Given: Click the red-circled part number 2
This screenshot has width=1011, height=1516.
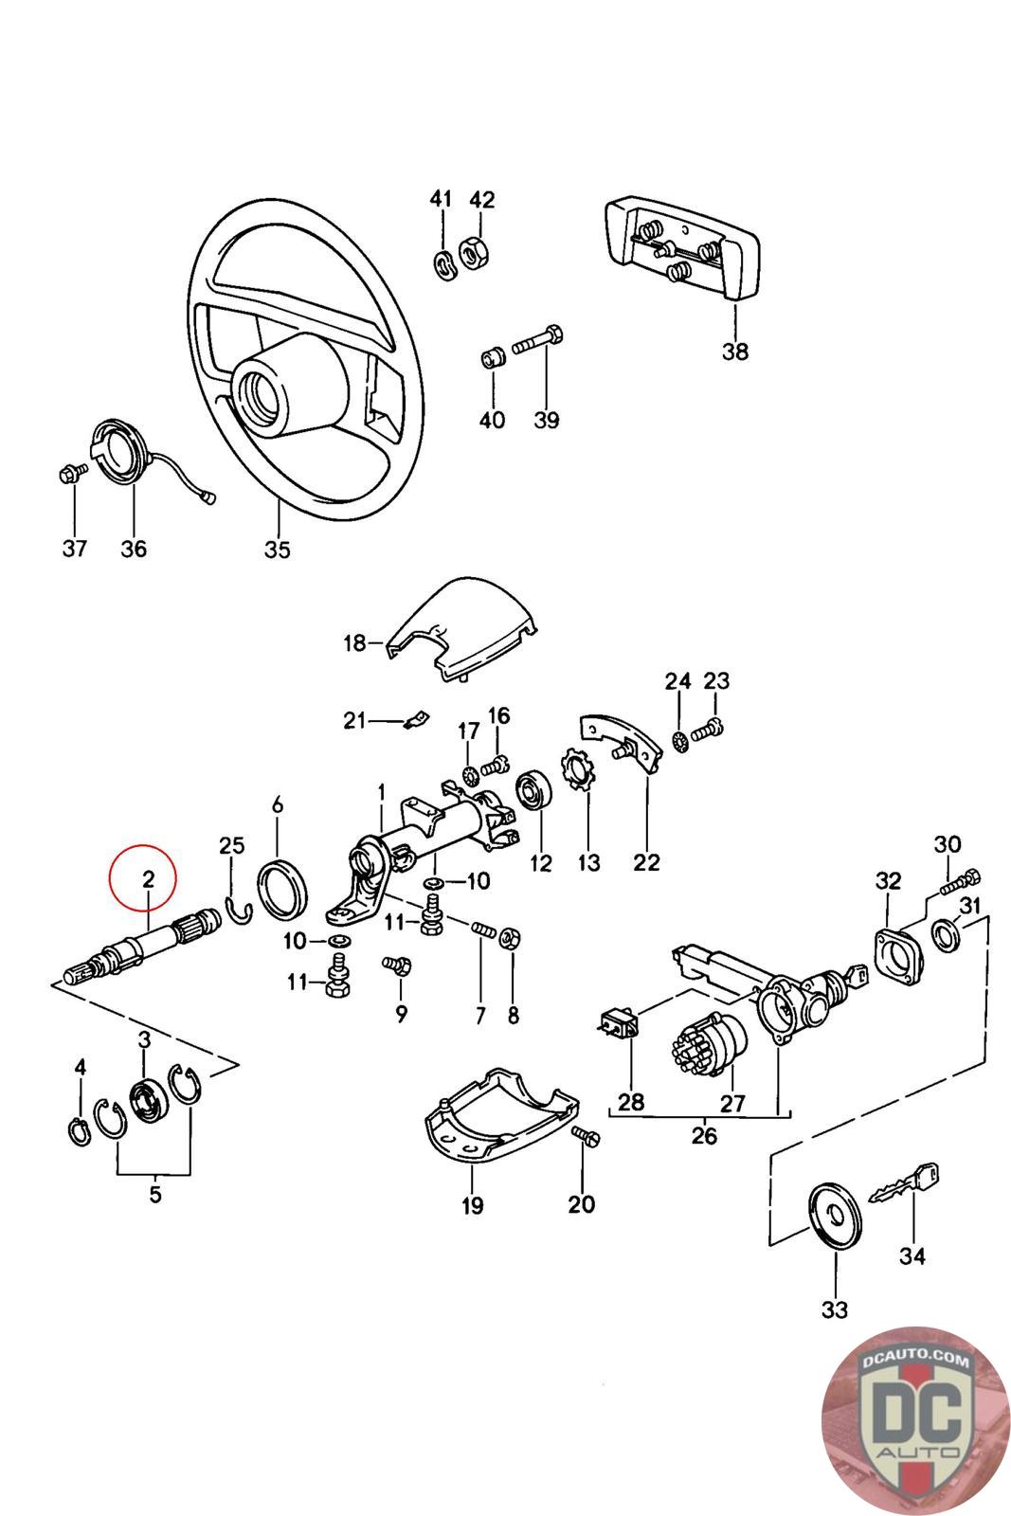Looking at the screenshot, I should pyautogui.click(x=148, y=878).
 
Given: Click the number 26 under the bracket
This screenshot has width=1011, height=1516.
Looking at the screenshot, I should pyautogui.click(x=704, y=1134).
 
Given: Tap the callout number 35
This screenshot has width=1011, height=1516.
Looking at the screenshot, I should pyautogui.click(x=278, y=550).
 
